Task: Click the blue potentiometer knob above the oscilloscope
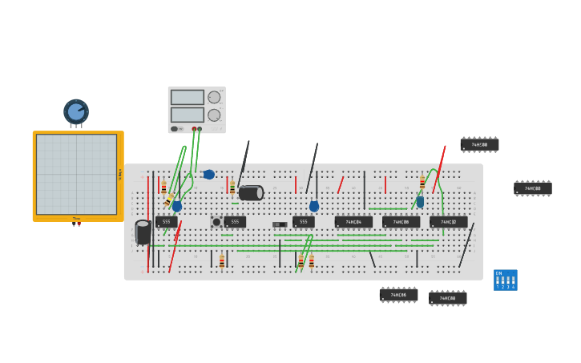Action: [76, 111]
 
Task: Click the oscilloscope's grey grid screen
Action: [76, 174]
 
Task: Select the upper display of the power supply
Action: [187, 97]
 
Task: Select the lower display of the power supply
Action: [187, 115]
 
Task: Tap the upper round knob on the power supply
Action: [214, 97]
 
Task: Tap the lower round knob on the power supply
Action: [214, 115]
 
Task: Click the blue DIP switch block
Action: [505, 280]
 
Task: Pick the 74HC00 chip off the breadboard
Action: [479, 144]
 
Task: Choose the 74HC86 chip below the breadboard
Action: [398, 295]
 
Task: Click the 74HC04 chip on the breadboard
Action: [353, 222]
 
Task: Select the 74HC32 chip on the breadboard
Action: [448, 222]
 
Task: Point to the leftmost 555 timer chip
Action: [166, 222]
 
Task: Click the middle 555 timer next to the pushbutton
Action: [235, 222]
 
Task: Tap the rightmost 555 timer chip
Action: [303, 222]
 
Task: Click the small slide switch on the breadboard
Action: [279, 224]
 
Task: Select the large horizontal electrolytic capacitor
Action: [251, 192]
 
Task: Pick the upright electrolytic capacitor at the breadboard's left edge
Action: [143, 232]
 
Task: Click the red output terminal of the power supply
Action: [194, 128]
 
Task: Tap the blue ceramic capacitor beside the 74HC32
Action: [420, 202]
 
